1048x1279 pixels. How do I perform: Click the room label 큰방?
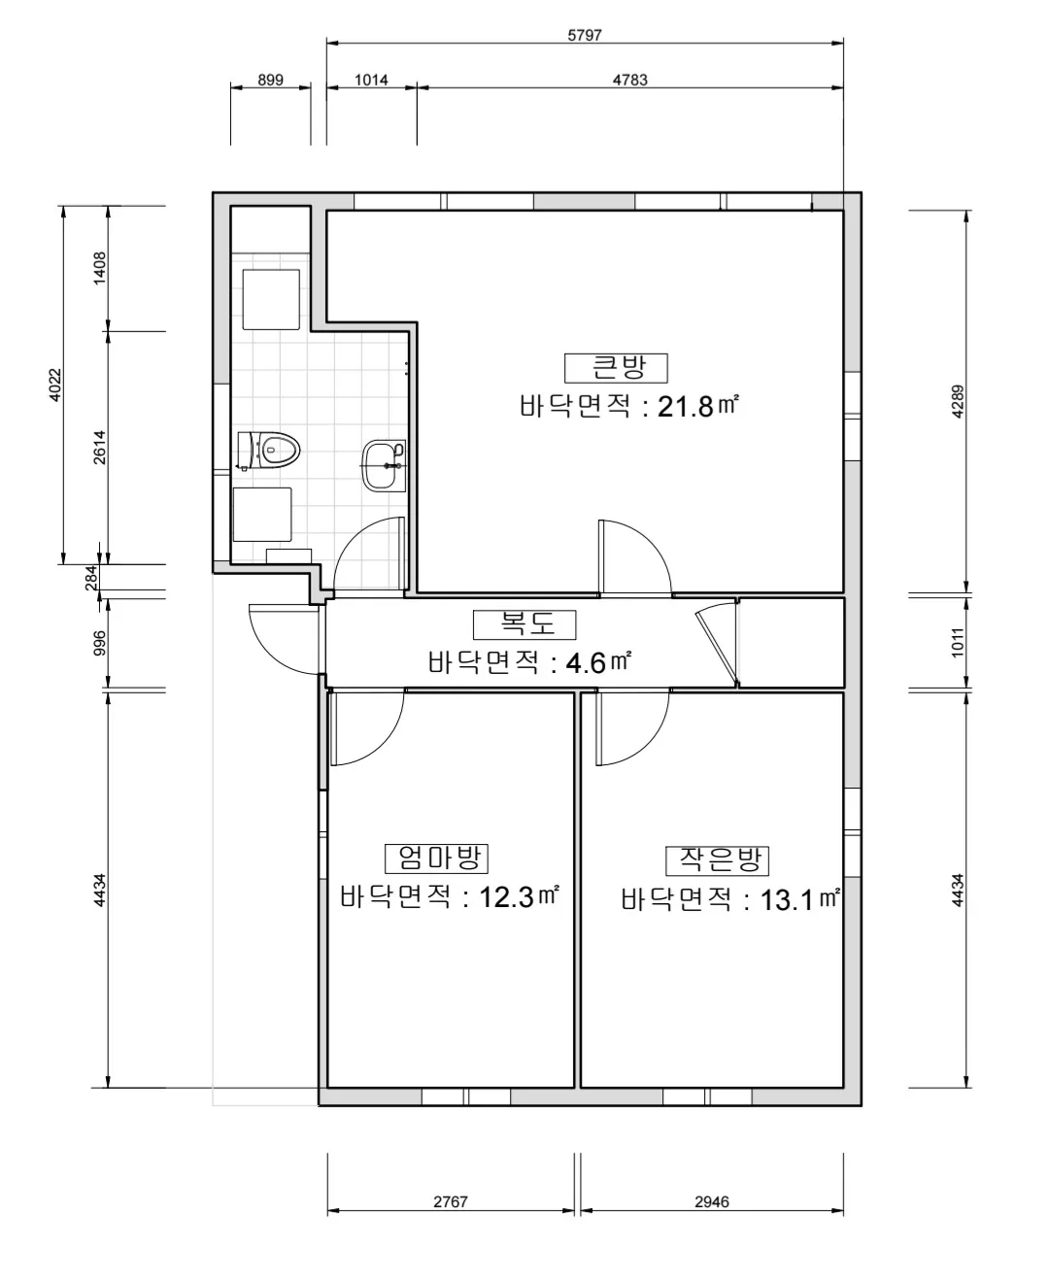click(x=617, y=368)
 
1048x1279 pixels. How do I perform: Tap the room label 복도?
click(x=524, y=623)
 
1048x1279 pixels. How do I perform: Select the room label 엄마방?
click(x=436, y=858)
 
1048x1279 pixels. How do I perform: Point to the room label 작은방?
click(x=717, y=859)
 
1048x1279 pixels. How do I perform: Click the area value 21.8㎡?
click(x=697, y=406)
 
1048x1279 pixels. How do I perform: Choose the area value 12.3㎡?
click(x=520, y=896)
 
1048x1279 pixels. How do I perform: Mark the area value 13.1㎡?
click(x=798, y=899)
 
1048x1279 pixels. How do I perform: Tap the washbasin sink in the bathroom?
click(x=383, y=465)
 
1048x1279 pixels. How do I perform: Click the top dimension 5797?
click(x=585, y=35)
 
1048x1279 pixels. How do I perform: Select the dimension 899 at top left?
click(x=270, y=80)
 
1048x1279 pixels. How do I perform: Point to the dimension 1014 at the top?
click(x=371, y=80)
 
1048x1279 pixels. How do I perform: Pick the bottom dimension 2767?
click(x=451, y=1201)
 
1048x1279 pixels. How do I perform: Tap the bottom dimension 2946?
click(x=712, y=1201)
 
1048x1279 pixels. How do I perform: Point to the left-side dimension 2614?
click(x=100, y=447)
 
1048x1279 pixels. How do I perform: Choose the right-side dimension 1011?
click(x=958, y=643)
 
